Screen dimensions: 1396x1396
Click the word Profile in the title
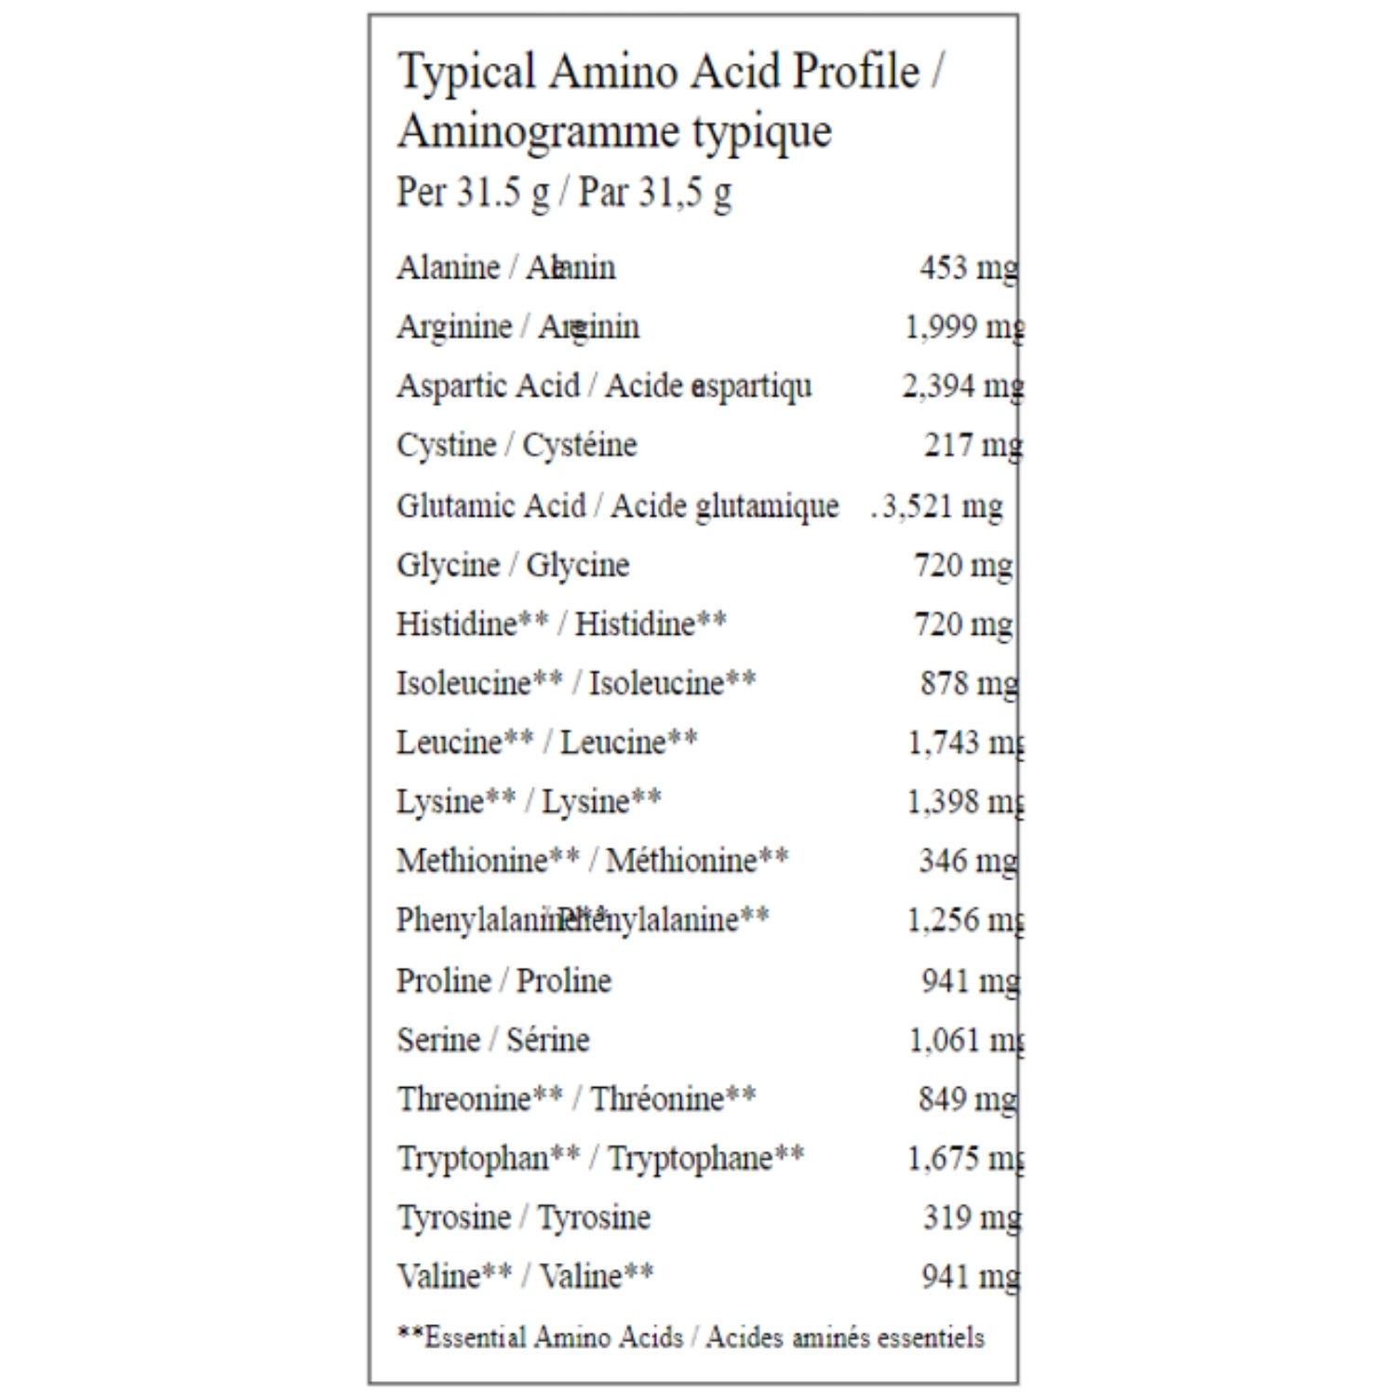(x=855, y=73)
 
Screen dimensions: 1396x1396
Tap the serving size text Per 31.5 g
(x=473, y=193)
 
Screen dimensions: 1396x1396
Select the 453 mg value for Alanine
(x=968, y=268)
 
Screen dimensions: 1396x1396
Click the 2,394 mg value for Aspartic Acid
(x=962, y=385)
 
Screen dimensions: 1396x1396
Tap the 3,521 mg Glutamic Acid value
(x=942, y=506)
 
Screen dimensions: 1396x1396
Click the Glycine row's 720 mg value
(x=963, y=565)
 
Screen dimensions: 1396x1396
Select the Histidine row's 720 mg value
(x=963, y=624)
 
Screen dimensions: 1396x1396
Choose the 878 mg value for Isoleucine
(x=969, y=683)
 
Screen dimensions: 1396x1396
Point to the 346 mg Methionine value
(x=968, y=861)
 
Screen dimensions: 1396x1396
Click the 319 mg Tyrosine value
(x=972, y=1217)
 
